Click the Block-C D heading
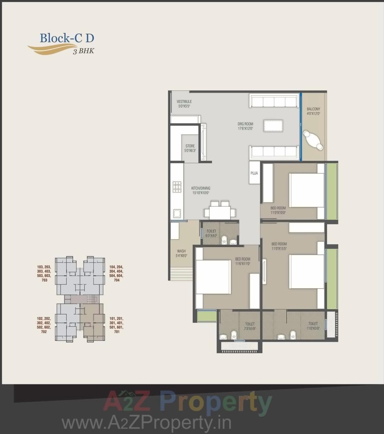tap(67, 38)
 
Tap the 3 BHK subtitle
tap(83, 52)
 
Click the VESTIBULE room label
tap(184, 103)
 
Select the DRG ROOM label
tap(245, 126)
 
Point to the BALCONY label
tap(313, 111)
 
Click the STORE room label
tap(190, 148)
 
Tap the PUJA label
tap(254, 173)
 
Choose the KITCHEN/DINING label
tap(200, 190)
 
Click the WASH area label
tap(181, 253)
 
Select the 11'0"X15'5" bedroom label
tap(279, 246)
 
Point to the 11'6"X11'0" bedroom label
tap(243, 261)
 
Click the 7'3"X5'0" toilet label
tap(250, 326)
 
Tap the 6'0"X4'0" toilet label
tap(211, 233)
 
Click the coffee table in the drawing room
tap(273, 125)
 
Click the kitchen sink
tap(177, 213)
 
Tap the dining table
tap(219, 212)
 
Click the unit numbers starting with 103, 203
tap(44, 273)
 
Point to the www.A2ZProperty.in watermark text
tap(146, 423)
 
